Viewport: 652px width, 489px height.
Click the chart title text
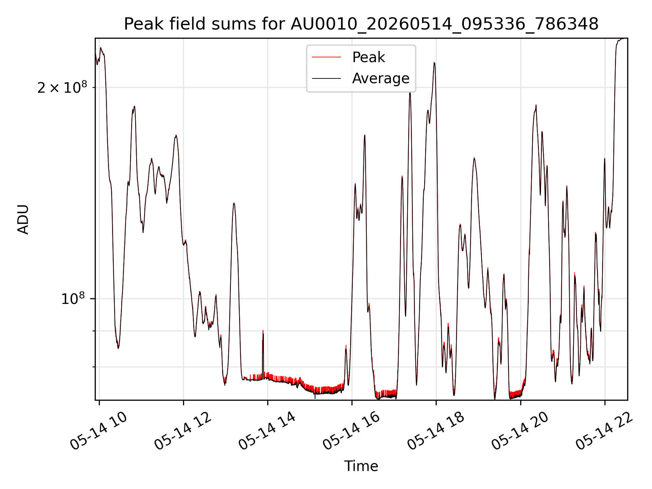(x=361, y=24)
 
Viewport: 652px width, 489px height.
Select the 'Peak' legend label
(x=368, y=57)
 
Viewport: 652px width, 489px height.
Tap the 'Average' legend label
(x=381, y=78)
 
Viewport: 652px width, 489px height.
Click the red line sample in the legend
(x=326, y=57)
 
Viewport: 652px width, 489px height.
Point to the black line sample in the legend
(x=326, y=78)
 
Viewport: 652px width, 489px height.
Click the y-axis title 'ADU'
(x=23, y=219)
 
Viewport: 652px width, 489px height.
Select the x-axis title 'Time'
(x=361, y=466)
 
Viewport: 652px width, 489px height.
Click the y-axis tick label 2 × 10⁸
(x=62, y=87)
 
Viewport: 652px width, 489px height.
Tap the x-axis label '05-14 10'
(x=98, y=431)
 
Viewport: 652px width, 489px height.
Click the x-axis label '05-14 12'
(x=183, y=431)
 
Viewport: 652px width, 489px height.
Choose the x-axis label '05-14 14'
(x=267, y=431)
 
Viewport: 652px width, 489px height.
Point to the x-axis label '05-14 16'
(x=351, y=431)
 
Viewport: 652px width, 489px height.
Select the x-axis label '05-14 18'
(x=436, y=431)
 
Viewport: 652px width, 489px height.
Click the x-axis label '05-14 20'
(x=520, y=431)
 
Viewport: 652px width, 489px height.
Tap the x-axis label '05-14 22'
(x=604, y=431)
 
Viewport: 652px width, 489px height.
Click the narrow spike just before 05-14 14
(x=263, y=331)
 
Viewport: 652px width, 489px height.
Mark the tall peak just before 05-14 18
(x=434, y=63)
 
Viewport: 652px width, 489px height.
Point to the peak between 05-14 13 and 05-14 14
(x=234, y=203)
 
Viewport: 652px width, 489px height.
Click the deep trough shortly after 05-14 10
(x=118, y=347)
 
